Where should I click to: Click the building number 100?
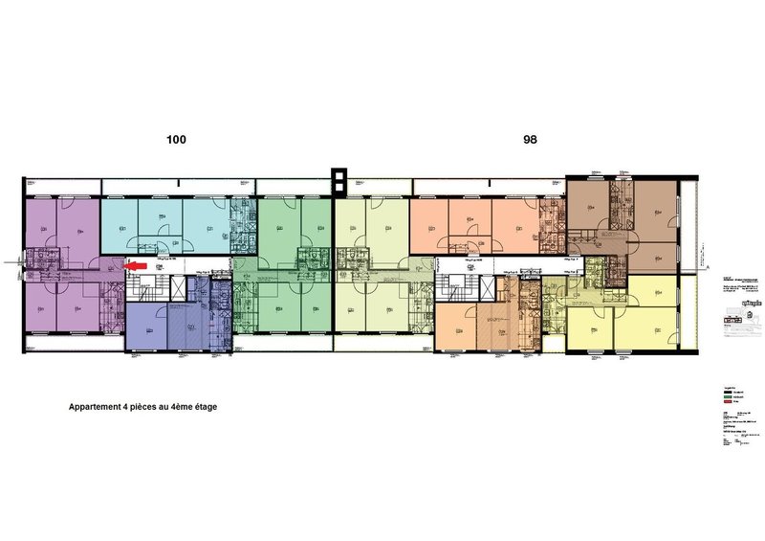176,140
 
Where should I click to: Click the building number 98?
530,140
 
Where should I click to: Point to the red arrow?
137,266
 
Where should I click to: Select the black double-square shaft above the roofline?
336,179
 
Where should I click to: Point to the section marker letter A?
709,266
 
